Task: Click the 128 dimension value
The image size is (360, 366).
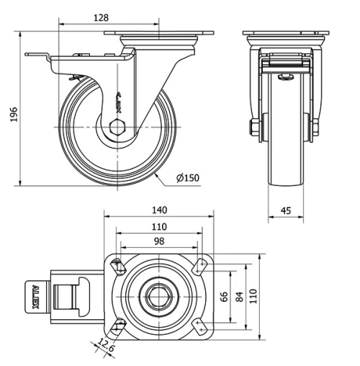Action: pos(101,18)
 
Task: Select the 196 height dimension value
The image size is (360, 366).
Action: pos(14,115)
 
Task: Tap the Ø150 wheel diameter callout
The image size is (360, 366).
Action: pos(188,178)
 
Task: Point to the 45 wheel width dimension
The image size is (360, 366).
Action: pos(286,210)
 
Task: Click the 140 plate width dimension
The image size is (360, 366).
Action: pos(159,210)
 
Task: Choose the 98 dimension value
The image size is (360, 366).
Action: pos(159,241)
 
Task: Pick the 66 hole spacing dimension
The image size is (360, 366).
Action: pos(224,297)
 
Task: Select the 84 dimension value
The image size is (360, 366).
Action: pos(239,297)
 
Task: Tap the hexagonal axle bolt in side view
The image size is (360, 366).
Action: pos(117,127)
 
